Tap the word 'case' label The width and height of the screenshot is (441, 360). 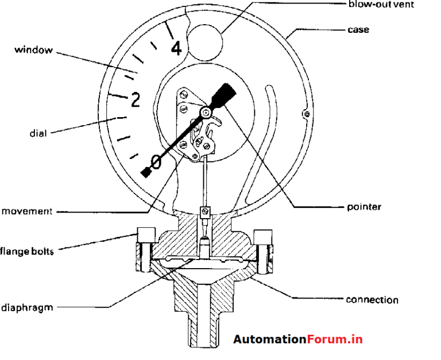coord(358,29)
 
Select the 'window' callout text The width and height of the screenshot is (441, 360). coord(33,50)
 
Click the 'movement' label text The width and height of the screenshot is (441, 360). coord(27,211)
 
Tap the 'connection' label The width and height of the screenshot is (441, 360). coord(372,300)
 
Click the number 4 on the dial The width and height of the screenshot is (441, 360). coord(176,48)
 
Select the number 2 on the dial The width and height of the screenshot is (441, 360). coord(135,100)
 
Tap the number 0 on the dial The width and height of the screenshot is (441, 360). coord(157,160)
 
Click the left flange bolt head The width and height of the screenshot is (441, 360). coord(144,235)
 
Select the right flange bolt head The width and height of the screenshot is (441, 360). coord(263,236)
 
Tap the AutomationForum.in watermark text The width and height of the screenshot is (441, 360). coord(297,339)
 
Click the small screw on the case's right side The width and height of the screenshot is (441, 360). coord(307,115)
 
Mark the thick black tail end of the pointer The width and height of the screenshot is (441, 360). coord(226,94)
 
